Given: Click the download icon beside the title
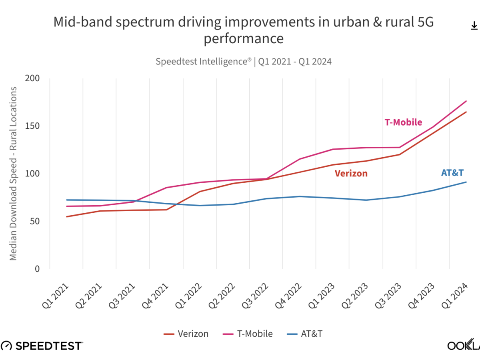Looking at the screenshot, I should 474,26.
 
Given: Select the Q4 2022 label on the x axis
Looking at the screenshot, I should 288,296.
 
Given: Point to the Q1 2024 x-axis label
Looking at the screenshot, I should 455,296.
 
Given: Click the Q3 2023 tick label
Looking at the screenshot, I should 388,296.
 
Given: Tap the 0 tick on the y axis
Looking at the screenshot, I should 37,269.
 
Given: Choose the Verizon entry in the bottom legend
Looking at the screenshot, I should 186,334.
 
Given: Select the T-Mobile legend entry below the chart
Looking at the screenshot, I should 248,334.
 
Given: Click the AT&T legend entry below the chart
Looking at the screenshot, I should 305,334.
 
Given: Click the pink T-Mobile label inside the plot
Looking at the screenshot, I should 403,122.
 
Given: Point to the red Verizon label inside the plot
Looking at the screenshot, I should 351,173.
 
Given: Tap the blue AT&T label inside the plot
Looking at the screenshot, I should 452,173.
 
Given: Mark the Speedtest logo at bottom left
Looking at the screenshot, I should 42,346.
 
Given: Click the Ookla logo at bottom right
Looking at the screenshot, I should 463,346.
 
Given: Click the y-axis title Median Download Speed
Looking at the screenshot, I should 14,173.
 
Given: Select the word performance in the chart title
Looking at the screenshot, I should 244,39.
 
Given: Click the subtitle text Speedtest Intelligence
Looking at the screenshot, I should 203,62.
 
